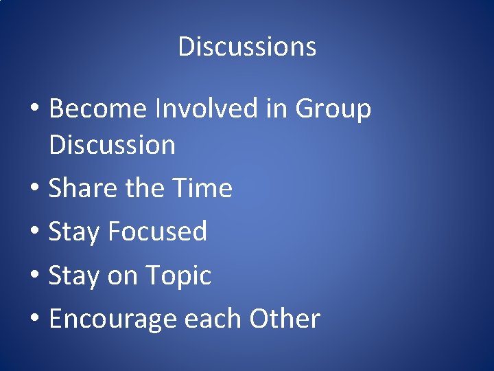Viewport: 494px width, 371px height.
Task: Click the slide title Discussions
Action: pyautogui.click(x=247, y=47)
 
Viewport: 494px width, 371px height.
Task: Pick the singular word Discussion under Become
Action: pyautogui.click(x=113, y=145)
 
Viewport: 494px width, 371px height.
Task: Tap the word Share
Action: pyautogui.click(x=76, y=188)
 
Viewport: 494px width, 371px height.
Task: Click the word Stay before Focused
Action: pyautogui.click(x=74, y=232)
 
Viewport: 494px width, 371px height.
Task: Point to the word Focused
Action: pyautogui.click(x=158, y=232)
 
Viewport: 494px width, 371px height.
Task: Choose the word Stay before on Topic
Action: pyautogui.click(x=74, y=276)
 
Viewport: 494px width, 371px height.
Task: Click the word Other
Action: pyautogui.click(x=285, y=319)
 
